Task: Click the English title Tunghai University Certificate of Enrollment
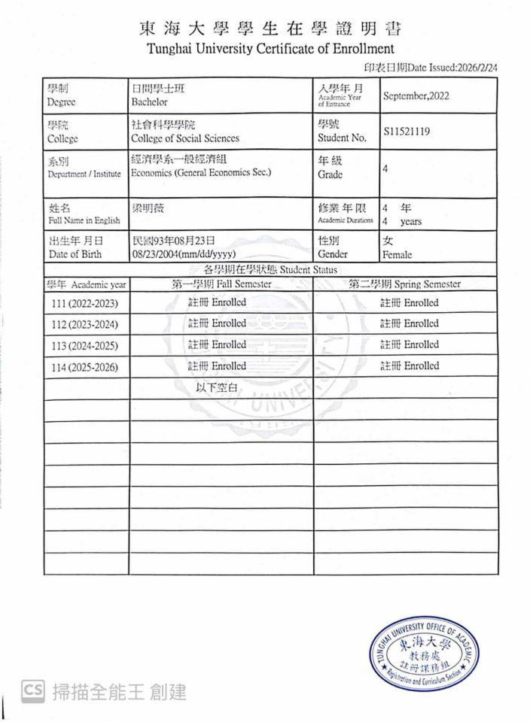pos(270,50)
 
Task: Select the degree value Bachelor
pos(149,102)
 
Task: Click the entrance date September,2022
pos(416,96)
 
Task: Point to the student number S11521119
pos(407,132)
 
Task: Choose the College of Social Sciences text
pos(184,138)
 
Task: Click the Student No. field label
pos(342,138)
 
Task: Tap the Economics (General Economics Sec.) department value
pos(200,172)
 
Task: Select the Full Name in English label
pos(84,220)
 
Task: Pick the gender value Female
pos(397,255)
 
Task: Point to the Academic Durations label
pos(346,220)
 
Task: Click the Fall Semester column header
pos(221,284)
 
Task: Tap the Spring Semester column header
pos(404,284)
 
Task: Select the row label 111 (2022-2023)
pos(85,304)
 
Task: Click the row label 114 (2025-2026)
pos(85,368)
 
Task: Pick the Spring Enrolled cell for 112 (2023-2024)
pos(409,324)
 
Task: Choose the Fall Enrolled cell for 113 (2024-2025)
pos(217,345)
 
